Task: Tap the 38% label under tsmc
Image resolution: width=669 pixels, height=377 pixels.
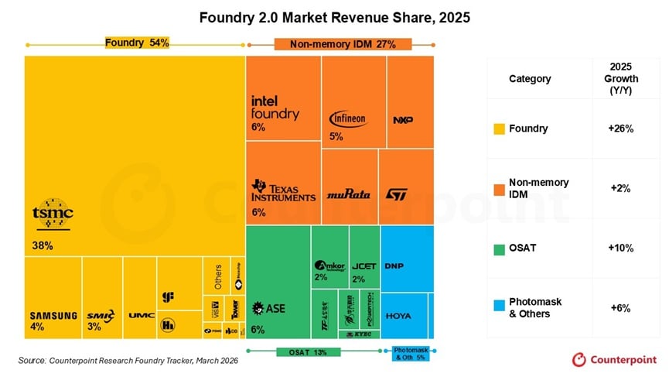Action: click(x=43, y=245)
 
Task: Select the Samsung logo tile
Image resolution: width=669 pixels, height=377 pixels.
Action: click(x=53, y=315)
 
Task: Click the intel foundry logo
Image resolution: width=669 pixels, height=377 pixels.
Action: click(x=275, y=108)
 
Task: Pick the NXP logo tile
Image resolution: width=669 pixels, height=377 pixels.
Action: click(x=404, y=120)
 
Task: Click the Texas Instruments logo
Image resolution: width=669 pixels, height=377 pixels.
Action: click(x=283, y=191)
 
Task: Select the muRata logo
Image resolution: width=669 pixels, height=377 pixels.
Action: click(x=348, y=194)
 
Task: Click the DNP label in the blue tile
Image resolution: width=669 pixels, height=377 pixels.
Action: click(x=394, y=266)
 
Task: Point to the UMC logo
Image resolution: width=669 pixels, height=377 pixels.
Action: click(x=141, y=315)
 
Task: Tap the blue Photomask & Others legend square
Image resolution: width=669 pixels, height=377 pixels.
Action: click(x=499, y=307)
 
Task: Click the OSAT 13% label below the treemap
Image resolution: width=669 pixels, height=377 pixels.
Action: click(x=308, y=352)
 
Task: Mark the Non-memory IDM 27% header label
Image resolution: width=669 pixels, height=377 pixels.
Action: click(x=343, y=44)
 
